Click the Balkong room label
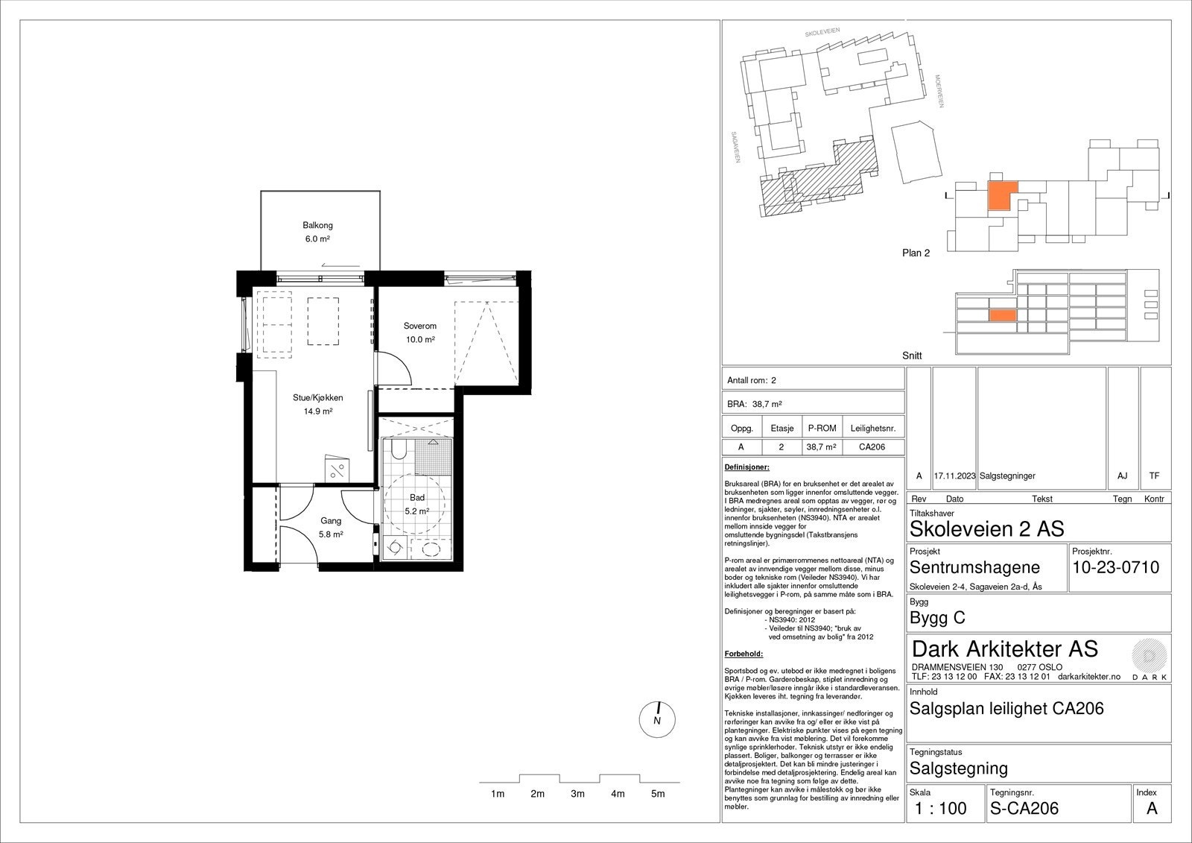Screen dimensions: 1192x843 click(x=317, y=225)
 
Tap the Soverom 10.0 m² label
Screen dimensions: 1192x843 click(x=420, y=332)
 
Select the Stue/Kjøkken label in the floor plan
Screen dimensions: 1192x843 click(x=317, y=398)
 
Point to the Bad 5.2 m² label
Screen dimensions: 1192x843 click(x=417, y=505)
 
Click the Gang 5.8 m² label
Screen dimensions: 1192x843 click(x=331, y=527)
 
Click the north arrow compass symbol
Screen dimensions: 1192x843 click(x=657, y=719)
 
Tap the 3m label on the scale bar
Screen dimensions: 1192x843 click(x=577, y=794)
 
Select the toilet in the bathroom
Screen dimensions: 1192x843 click(x=399, y=449)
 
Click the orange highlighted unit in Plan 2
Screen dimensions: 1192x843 click(x=1002, y=195)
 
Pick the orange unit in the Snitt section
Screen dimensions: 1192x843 click(x=1003, y=316)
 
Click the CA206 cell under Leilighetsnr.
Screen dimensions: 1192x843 click(x=872, y=446)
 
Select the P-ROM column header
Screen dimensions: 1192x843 click(x=822, y=428)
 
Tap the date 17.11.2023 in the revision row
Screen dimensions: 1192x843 click(x=954, y=476)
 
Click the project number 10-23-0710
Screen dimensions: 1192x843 click(x=1115, y=567)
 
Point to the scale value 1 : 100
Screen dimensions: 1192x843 click(x=940, y=809)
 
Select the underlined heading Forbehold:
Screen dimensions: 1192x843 click(x=744, y=654)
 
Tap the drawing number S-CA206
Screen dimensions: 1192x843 click(x=1024, y=809)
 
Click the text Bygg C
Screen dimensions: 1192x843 click(x=937, y=618)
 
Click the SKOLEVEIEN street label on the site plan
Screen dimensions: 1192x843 click(x=822, y=32)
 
